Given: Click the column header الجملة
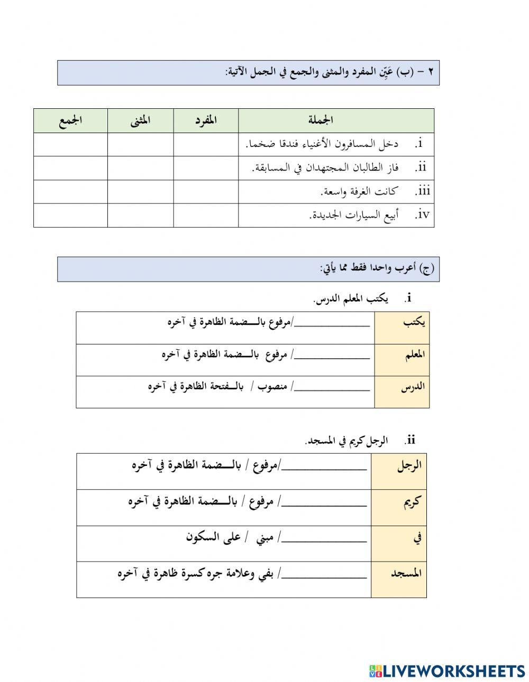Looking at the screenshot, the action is [x=321, y=120].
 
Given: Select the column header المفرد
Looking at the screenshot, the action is [x=205, y=120].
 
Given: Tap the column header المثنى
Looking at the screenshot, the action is [x=140, y=120].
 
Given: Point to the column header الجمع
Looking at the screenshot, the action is [x=70, y=120].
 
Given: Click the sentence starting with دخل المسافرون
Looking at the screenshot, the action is [x=322, y=144].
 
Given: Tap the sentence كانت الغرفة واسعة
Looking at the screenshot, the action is [x=359, y=191].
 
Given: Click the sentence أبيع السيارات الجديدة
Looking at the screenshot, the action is [x=354, y=215].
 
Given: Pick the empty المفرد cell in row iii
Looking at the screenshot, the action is [x=206, y=192].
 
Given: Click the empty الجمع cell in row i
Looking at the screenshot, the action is [x=70, y=144].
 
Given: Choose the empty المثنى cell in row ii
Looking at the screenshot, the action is [x=140, y=168].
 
